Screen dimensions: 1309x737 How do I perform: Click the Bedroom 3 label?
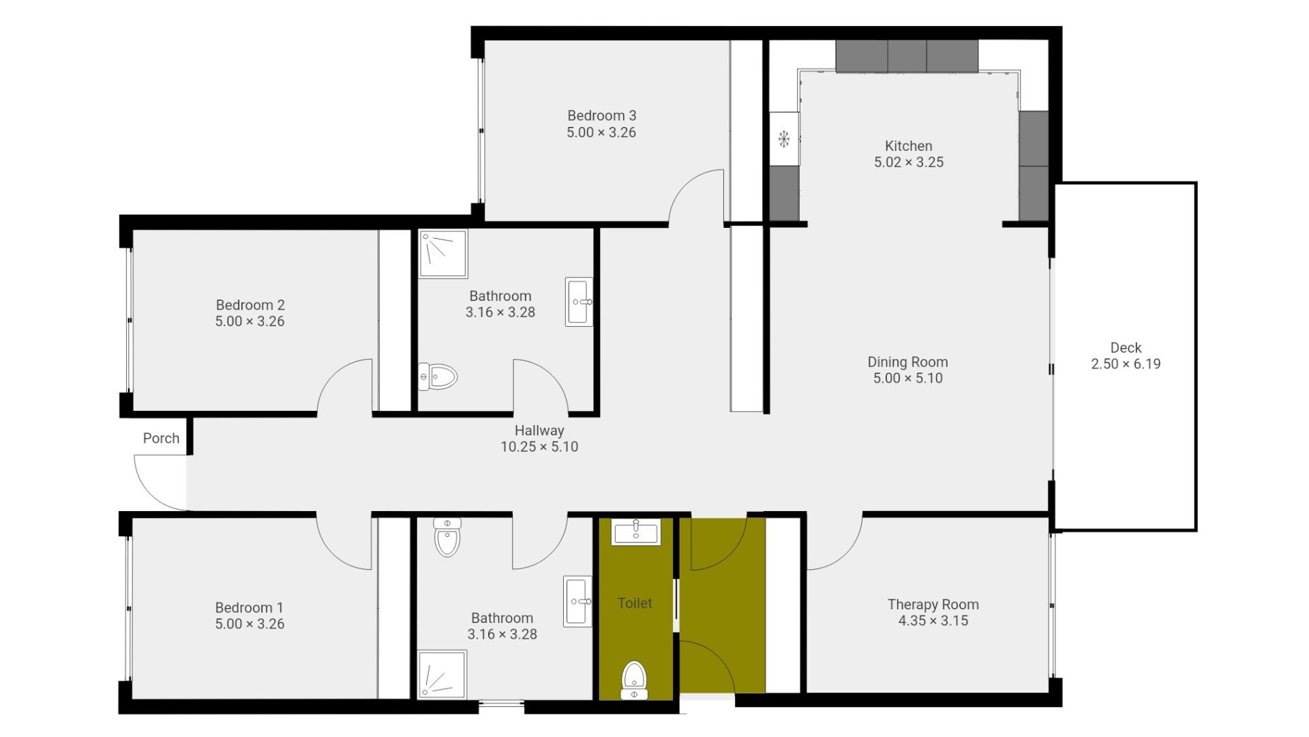click(601, 116)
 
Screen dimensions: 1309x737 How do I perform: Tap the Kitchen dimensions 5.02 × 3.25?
click(909, 162)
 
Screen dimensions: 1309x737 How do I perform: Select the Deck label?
click(1126, 348)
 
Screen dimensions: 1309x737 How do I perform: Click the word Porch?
click(161, 439)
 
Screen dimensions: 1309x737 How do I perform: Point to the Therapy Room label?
click(933, 605)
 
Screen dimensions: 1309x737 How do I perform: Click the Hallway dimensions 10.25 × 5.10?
click(539, 447)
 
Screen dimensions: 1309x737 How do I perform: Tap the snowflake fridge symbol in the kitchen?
click(784, 139)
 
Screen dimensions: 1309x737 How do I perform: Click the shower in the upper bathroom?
click(443, 254)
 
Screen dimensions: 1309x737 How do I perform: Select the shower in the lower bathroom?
click(442, 675)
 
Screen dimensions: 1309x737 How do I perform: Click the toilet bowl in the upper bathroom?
click(438, 376)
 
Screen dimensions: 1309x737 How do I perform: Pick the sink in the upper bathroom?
click(580, 302)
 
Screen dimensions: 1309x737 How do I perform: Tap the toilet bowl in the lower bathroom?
click(447, 537)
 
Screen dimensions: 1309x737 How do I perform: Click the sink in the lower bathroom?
click(577, 601)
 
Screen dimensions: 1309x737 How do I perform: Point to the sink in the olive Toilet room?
click(636, 532)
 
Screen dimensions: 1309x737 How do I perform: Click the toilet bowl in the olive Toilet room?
click(634, 680)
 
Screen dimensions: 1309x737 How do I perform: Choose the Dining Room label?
click(907, 362)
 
